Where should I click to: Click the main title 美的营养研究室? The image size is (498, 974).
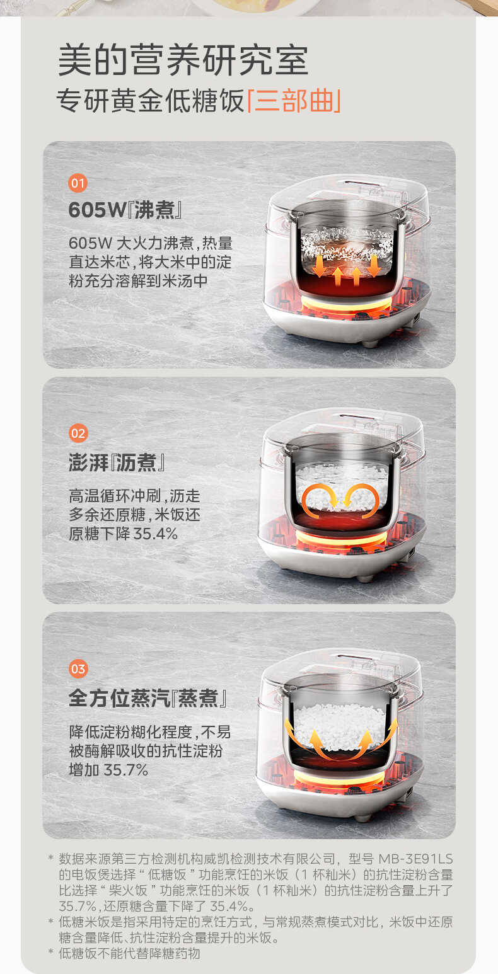[183, 60]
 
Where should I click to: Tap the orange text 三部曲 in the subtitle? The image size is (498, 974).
[294, 101]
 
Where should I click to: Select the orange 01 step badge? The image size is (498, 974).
[78, 184]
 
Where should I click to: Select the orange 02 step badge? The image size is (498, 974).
[78, 433]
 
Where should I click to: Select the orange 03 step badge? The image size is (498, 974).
[78, 668]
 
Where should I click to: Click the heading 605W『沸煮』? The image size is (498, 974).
[125, 210]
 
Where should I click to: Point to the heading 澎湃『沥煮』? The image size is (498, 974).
[117, 462]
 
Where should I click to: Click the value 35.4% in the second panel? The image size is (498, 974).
[156, 534]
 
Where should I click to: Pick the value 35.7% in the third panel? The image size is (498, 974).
[125, 769]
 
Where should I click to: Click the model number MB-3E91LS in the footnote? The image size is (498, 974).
[415, 859]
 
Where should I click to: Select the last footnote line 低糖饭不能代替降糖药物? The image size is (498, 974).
[129, 953]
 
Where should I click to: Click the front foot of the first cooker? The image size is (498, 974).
[370, 343]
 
